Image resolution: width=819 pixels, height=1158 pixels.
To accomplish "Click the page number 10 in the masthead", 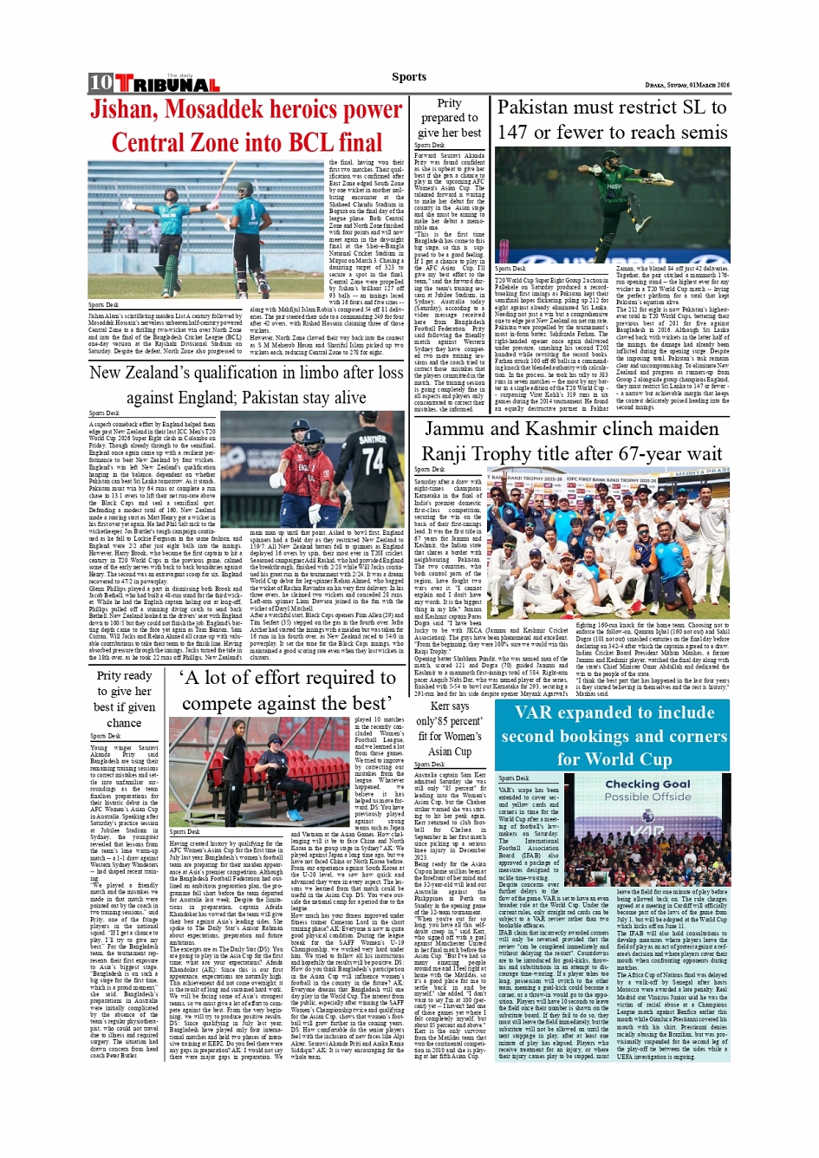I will [x=101, y=82].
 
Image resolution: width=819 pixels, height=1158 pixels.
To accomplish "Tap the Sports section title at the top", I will [x=409, y=76].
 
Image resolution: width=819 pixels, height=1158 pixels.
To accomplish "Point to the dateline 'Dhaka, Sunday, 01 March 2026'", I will [x=687, y=85].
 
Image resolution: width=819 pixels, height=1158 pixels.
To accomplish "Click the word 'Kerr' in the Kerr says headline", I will [x=441, y=706].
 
